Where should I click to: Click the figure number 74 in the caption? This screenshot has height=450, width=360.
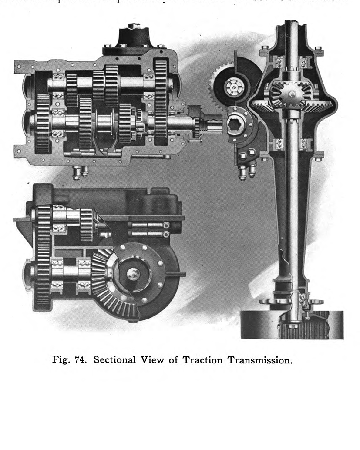click(x=83, y=360)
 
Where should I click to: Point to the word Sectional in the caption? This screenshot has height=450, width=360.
click(x=115, y=360)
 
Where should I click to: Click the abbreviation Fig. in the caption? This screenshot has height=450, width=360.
click(x=64, y=360)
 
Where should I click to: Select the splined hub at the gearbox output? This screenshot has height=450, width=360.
click(x=237, y=126)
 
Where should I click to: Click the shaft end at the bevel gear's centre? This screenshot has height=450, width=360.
click(x=134, y=273)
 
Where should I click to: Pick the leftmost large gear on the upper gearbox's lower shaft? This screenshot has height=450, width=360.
click(x=43, y=124)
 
